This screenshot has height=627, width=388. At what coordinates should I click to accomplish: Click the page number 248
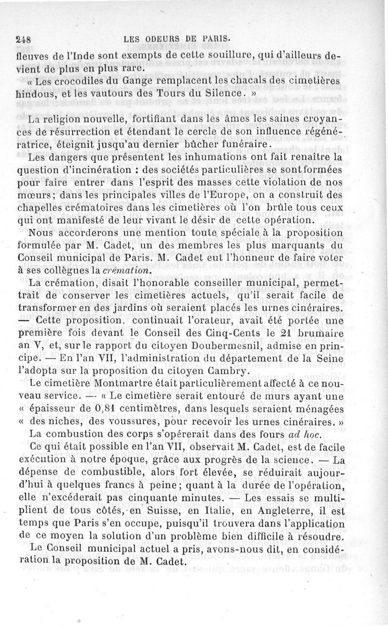[23, 41]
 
